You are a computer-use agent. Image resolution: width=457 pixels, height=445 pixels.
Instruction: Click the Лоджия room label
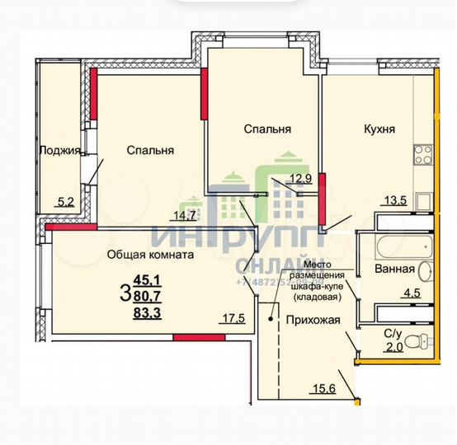pos(59,150)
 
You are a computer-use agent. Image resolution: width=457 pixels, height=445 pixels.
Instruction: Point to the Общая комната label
pos(150,255)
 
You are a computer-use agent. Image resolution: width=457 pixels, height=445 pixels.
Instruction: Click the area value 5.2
pos(64,199)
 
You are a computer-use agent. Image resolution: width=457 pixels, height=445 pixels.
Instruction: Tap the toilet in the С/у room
pos(422,340)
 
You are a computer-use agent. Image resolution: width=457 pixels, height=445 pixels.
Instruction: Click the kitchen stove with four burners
pos(423,152)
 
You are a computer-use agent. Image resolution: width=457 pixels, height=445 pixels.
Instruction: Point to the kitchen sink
pos(423,200)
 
